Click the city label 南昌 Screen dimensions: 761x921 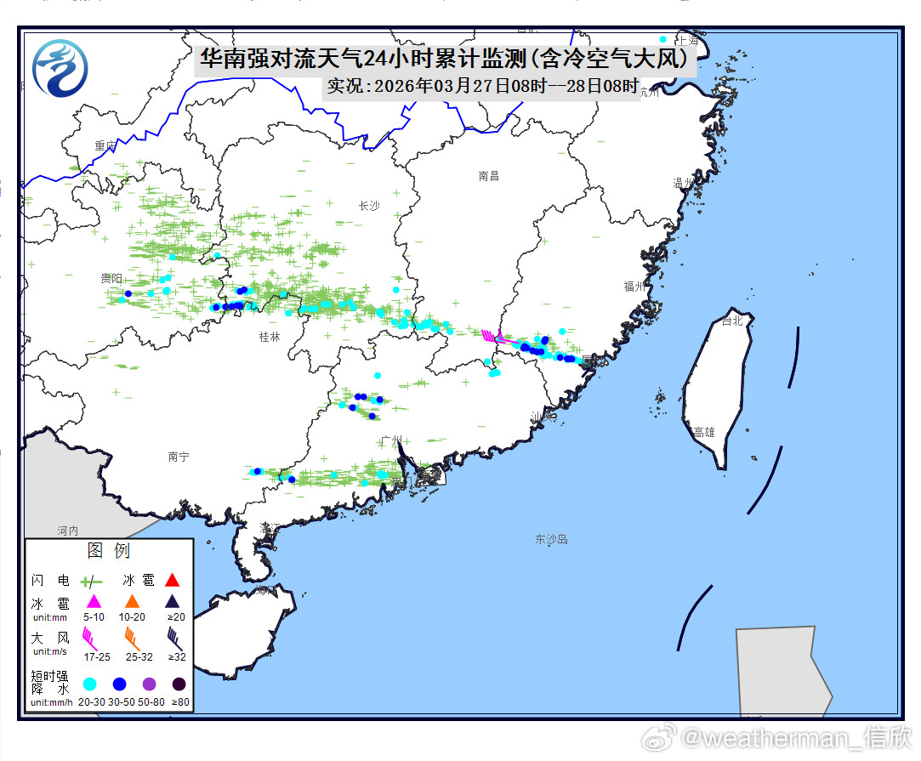488,176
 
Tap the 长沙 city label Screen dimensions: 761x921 369,206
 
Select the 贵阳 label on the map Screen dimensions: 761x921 111,278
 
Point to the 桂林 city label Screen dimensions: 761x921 269,337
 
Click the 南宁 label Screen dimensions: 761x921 179,457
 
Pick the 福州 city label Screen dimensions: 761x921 634,287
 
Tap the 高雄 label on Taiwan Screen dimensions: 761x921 704,432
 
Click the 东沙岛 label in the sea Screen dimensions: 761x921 551,539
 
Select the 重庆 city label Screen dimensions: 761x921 105,146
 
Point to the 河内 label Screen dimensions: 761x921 68,530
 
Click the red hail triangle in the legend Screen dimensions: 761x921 172,581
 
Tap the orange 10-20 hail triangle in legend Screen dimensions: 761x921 132,602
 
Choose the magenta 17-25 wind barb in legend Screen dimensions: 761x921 90,636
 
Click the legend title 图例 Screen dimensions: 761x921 109,551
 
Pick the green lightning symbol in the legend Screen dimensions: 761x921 90,582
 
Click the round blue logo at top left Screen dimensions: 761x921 60,68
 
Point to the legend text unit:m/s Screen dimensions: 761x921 50,651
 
